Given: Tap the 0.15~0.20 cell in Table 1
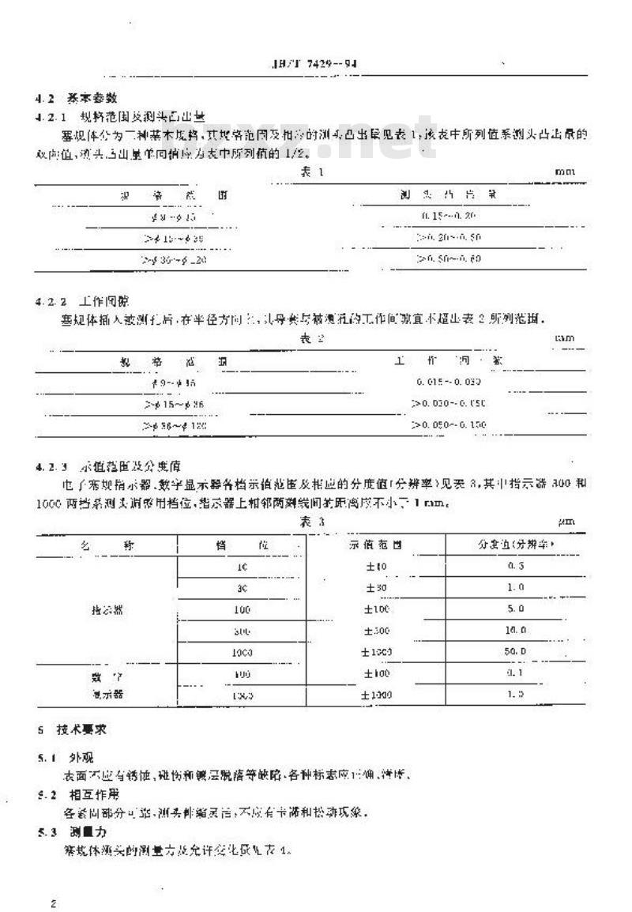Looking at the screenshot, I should click(448, 215).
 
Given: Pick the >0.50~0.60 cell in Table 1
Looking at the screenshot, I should click(448, 258).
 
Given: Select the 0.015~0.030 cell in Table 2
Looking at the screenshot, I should click(449, 382).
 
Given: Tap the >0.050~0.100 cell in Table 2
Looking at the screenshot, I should click(449, 425).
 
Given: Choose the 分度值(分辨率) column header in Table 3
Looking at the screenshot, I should click(514, 546).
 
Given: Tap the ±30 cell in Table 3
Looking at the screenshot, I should click(375, 589).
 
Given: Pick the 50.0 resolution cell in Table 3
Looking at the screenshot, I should click(515, 652).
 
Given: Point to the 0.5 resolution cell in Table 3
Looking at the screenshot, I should click(515, 567).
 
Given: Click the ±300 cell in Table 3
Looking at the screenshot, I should click(375, 631).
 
